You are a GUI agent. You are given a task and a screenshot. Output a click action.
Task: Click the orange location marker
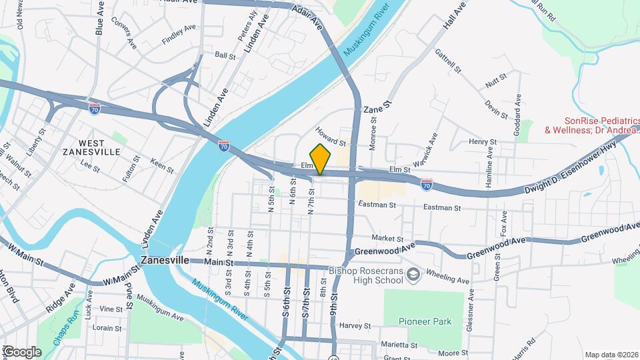coord(321,159)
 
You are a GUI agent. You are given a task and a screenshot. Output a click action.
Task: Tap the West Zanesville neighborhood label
coord(99,147)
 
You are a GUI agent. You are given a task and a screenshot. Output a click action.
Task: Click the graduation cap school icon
coord(413,275)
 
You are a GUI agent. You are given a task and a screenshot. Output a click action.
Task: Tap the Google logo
coord(21,351)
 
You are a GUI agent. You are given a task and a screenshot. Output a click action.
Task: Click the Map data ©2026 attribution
coord(611,355)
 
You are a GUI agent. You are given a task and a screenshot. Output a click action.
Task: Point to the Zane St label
coord(375,105)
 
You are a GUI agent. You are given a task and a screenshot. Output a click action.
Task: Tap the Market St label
coord(387,238)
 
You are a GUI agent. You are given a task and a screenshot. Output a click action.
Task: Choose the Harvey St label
coord(355,326)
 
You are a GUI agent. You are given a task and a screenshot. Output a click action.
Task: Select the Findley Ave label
coord(179,35)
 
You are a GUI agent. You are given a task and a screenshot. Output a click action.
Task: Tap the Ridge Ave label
coord(61,299)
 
